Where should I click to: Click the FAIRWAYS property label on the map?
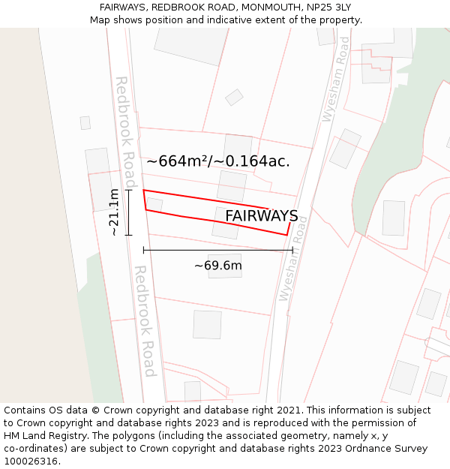261,216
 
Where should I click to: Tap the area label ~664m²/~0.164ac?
217,161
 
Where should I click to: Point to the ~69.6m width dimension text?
217,266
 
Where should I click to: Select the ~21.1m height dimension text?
114,213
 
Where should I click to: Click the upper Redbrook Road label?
124,131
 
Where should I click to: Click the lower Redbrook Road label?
145,320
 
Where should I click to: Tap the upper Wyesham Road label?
334,78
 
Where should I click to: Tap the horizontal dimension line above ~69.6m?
217,250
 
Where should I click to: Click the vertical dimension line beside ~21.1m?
128,213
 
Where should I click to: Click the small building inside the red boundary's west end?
154,204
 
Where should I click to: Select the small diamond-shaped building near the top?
234,97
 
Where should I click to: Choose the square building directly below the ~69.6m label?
224,266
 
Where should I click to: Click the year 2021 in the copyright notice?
288,410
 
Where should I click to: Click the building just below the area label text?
232,185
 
